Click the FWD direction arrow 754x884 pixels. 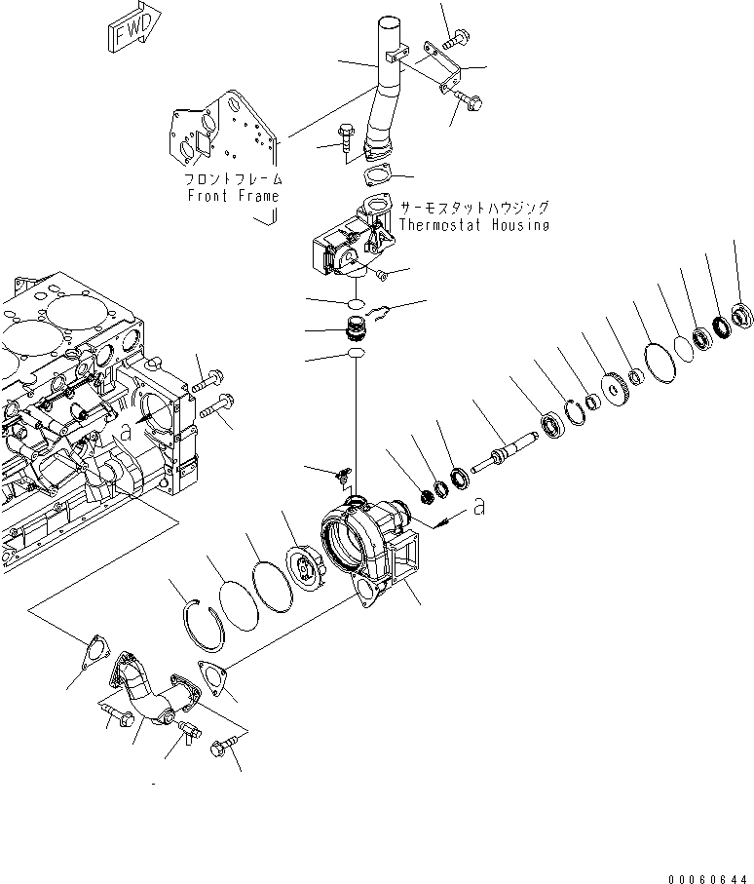(x=131, y=30)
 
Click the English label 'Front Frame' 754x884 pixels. (x=233, y=196)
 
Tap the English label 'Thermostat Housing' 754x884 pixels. (x=473, y=225)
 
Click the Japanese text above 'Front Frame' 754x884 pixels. (x=233, y=179)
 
